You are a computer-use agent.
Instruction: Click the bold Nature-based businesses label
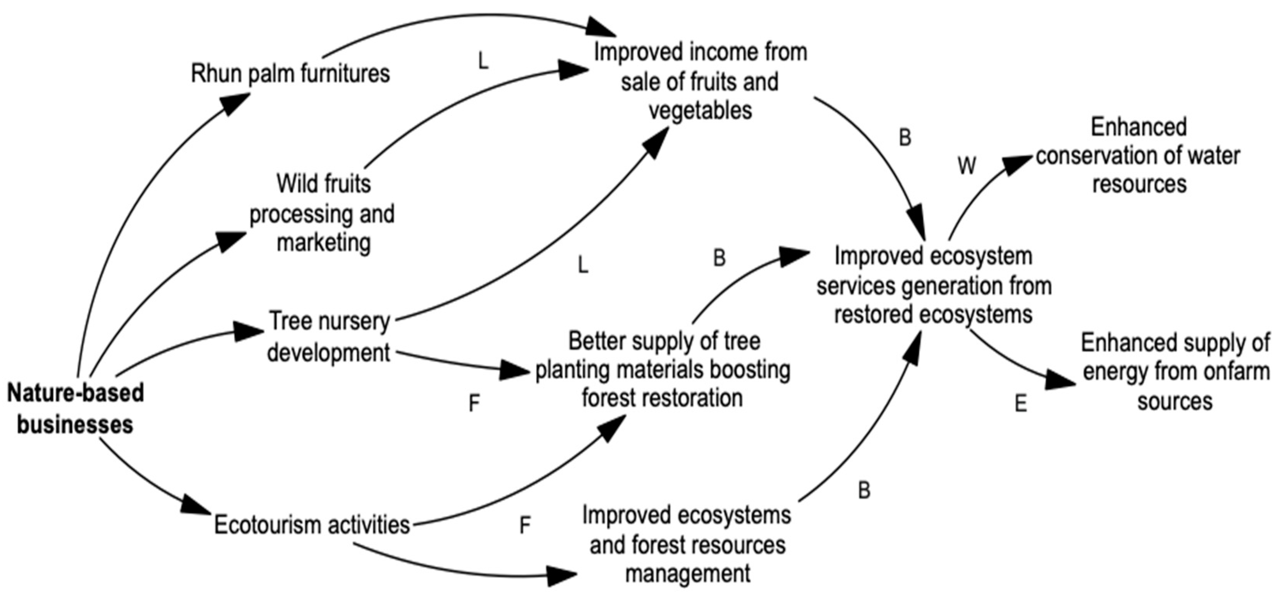point(76,409)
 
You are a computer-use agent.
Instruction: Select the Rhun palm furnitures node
point(290,74)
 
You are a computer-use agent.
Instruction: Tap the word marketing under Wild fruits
point(324,243)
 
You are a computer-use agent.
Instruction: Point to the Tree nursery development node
point(329,337)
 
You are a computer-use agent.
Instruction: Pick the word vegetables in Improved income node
point(700,110)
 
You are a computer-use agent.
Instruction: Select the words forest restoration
point(662,398)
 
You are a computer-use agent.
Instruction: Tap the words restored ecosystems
point(933,315)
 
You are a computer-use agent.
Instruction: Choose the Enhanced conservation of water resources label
point(1138,155)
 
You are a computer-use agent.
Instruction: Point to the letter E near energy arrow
point(1021,404)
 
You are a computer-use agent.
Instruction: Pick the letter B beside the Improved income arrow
point(905,138)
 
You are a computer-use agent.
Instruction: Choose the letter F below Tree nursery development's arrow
point(474,403)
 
